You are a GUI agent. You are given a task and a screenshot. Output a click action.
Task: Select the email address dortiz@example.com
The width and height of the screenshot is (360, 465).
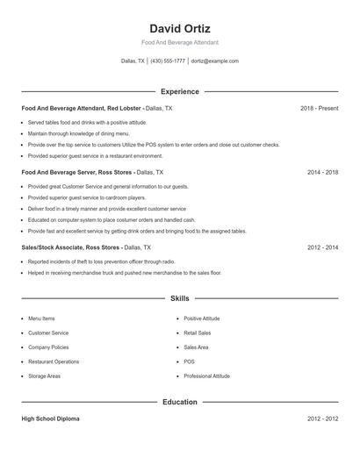215,61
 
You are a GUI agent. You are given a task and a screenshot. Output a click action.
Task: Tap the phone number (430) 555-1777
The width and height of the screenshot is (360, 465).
168,61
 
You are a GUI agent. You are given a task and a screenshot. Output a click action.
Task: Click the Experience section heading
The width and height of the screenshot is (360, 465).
180,91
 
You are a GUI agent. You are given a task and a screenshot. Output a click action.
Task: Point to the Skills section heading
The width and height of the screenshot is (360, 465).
180,299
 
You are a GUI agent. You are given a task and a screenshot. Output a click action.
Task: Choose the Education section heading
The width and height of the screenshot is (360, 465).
180,402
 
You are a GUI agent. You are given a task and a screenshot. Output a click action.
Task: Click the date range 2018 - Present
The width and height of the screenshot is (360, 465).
319,108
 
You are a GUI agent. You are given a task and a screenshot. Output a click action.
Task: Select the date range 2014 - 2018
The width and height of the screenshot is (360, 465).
323,173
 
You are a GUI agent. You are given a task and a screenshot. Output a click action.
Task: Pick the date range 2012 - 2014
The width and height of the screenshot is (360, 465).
323,247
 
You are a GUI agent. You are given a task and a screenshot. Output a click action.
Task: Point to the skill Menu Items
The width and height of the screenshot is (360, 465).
41,318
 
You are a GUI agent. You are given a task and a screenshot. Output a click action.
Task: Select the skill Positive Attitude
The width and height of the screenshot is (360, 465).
202,318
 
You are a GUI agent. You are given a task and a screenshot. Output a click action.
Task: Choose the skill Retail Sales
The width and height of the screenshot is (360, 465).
198,333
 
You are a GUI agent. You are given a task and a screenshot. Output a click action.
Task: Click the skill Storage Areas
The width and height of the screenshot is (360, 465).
44,376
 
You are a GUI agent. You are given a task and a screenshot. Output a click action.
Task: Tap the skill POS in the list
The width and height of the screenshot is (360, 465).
189,361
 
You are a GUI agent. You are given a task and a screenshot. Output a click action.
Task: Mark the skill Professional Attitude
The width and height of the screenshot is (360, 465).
206,376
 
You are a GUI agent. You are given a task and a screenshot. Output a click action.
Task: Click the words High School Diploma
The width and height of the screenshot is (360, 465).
50,419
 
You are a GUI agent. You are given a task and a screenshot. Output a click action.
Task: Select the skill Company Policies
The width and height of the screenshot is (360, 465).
48,347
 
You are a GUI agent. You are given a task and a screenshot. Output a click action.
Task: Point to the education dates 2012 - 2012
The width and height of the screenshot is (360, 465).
323,419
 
